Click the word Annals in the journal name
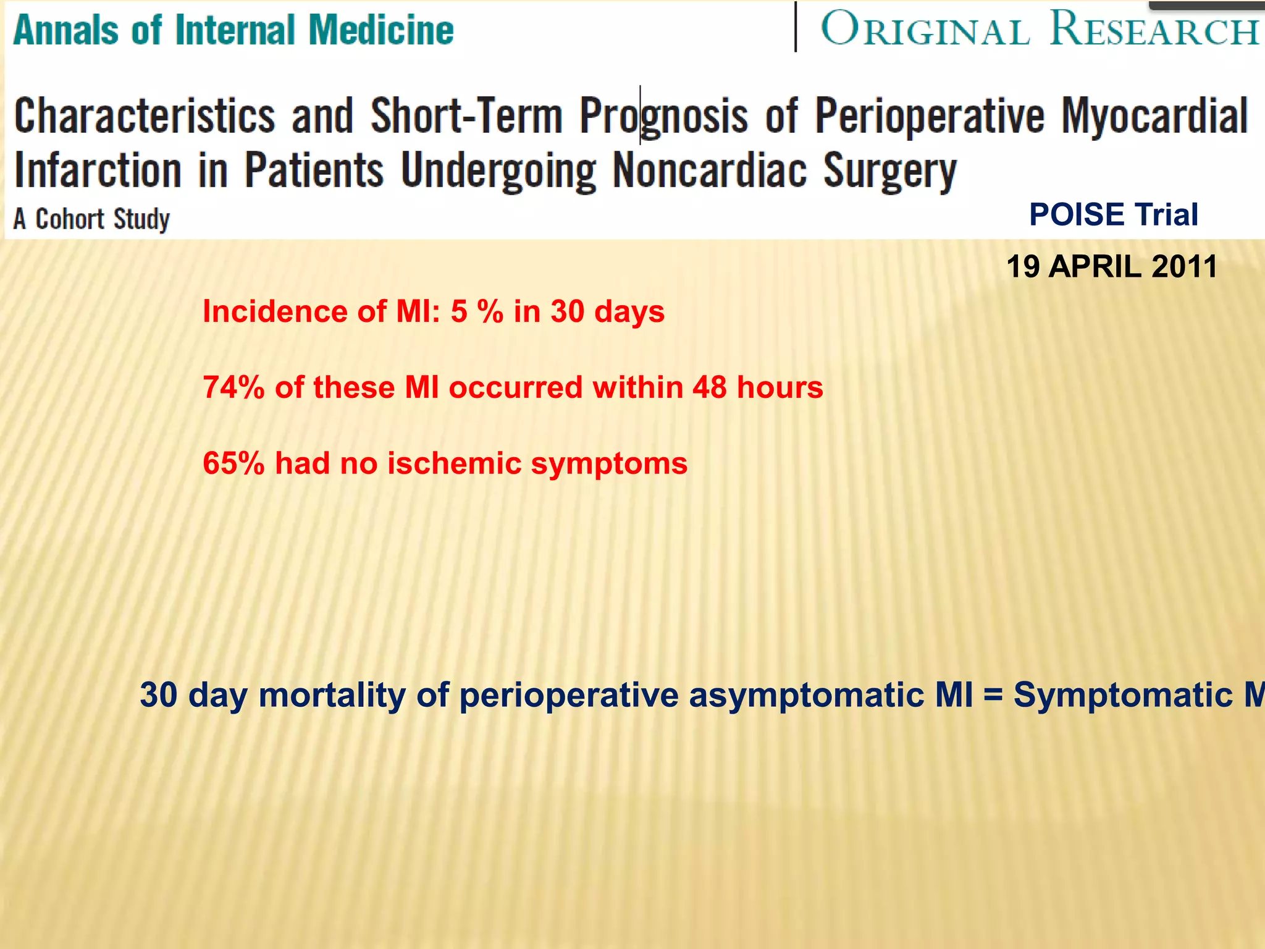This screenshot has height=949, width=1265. [65, 30]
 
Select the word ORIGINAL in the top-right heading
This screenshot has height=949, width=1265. [925, 30]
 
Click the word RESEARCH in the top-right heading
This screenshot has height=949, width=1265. [1153, 28]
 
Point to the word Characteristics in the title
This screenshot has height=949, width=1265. [145, 116]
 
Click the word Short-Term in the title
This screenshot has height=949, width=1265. [466, 116]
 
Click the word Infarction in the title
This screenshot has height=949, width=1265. [98, 170]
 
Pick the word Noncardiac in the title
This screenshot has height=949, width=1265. [709, 170]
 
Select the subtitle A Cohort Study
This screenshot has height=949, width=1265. [91, 219]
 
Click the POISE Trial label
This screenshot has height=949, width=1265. [1113, 215]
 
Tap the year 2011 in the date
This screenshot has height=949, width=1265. [1184, 267]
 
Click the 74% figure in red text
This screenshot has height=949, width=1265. [233, 388]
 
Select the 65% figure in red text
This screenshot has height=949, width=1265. [233, 463]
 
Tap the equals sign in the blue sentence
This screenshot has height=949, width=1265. [993, 695]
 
